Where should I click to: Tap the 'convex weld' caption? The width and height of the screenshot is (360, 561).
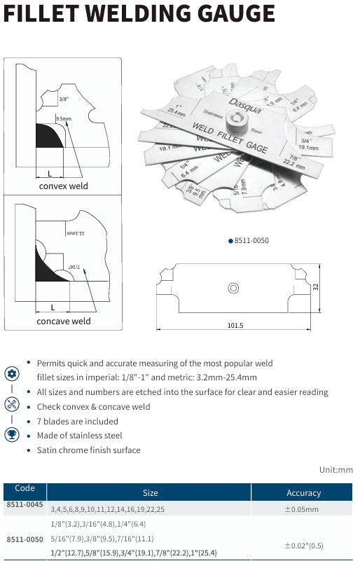63,186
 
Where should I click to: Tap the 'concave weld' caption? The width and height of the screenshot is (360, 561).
64,321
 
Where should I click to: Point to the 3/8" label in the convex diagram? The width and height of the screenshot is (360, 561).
65,99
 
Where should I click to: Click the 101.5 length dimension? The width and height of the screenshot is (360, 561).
235,325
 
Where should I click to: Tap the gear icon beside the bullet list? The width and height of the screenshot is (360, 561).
12,373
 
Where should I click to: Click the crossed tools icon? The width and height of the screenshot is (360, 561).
12,403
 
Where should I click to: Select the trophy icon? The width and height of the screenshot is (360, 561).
12,434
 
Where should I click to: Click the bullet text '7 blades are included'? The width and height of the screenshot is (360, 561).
77,421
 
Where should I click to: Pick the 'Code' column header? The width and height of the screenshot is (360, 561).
25,488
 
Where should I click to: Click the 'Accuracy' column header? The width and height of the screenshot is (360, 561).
303,493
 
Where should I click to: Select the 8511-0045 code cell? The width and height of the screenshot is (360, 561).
25,505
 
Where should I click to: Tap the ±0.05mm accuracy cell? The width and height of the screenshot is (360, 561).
301,510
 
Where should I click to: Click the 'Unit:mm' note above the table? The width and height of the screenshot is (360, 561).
336,470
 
